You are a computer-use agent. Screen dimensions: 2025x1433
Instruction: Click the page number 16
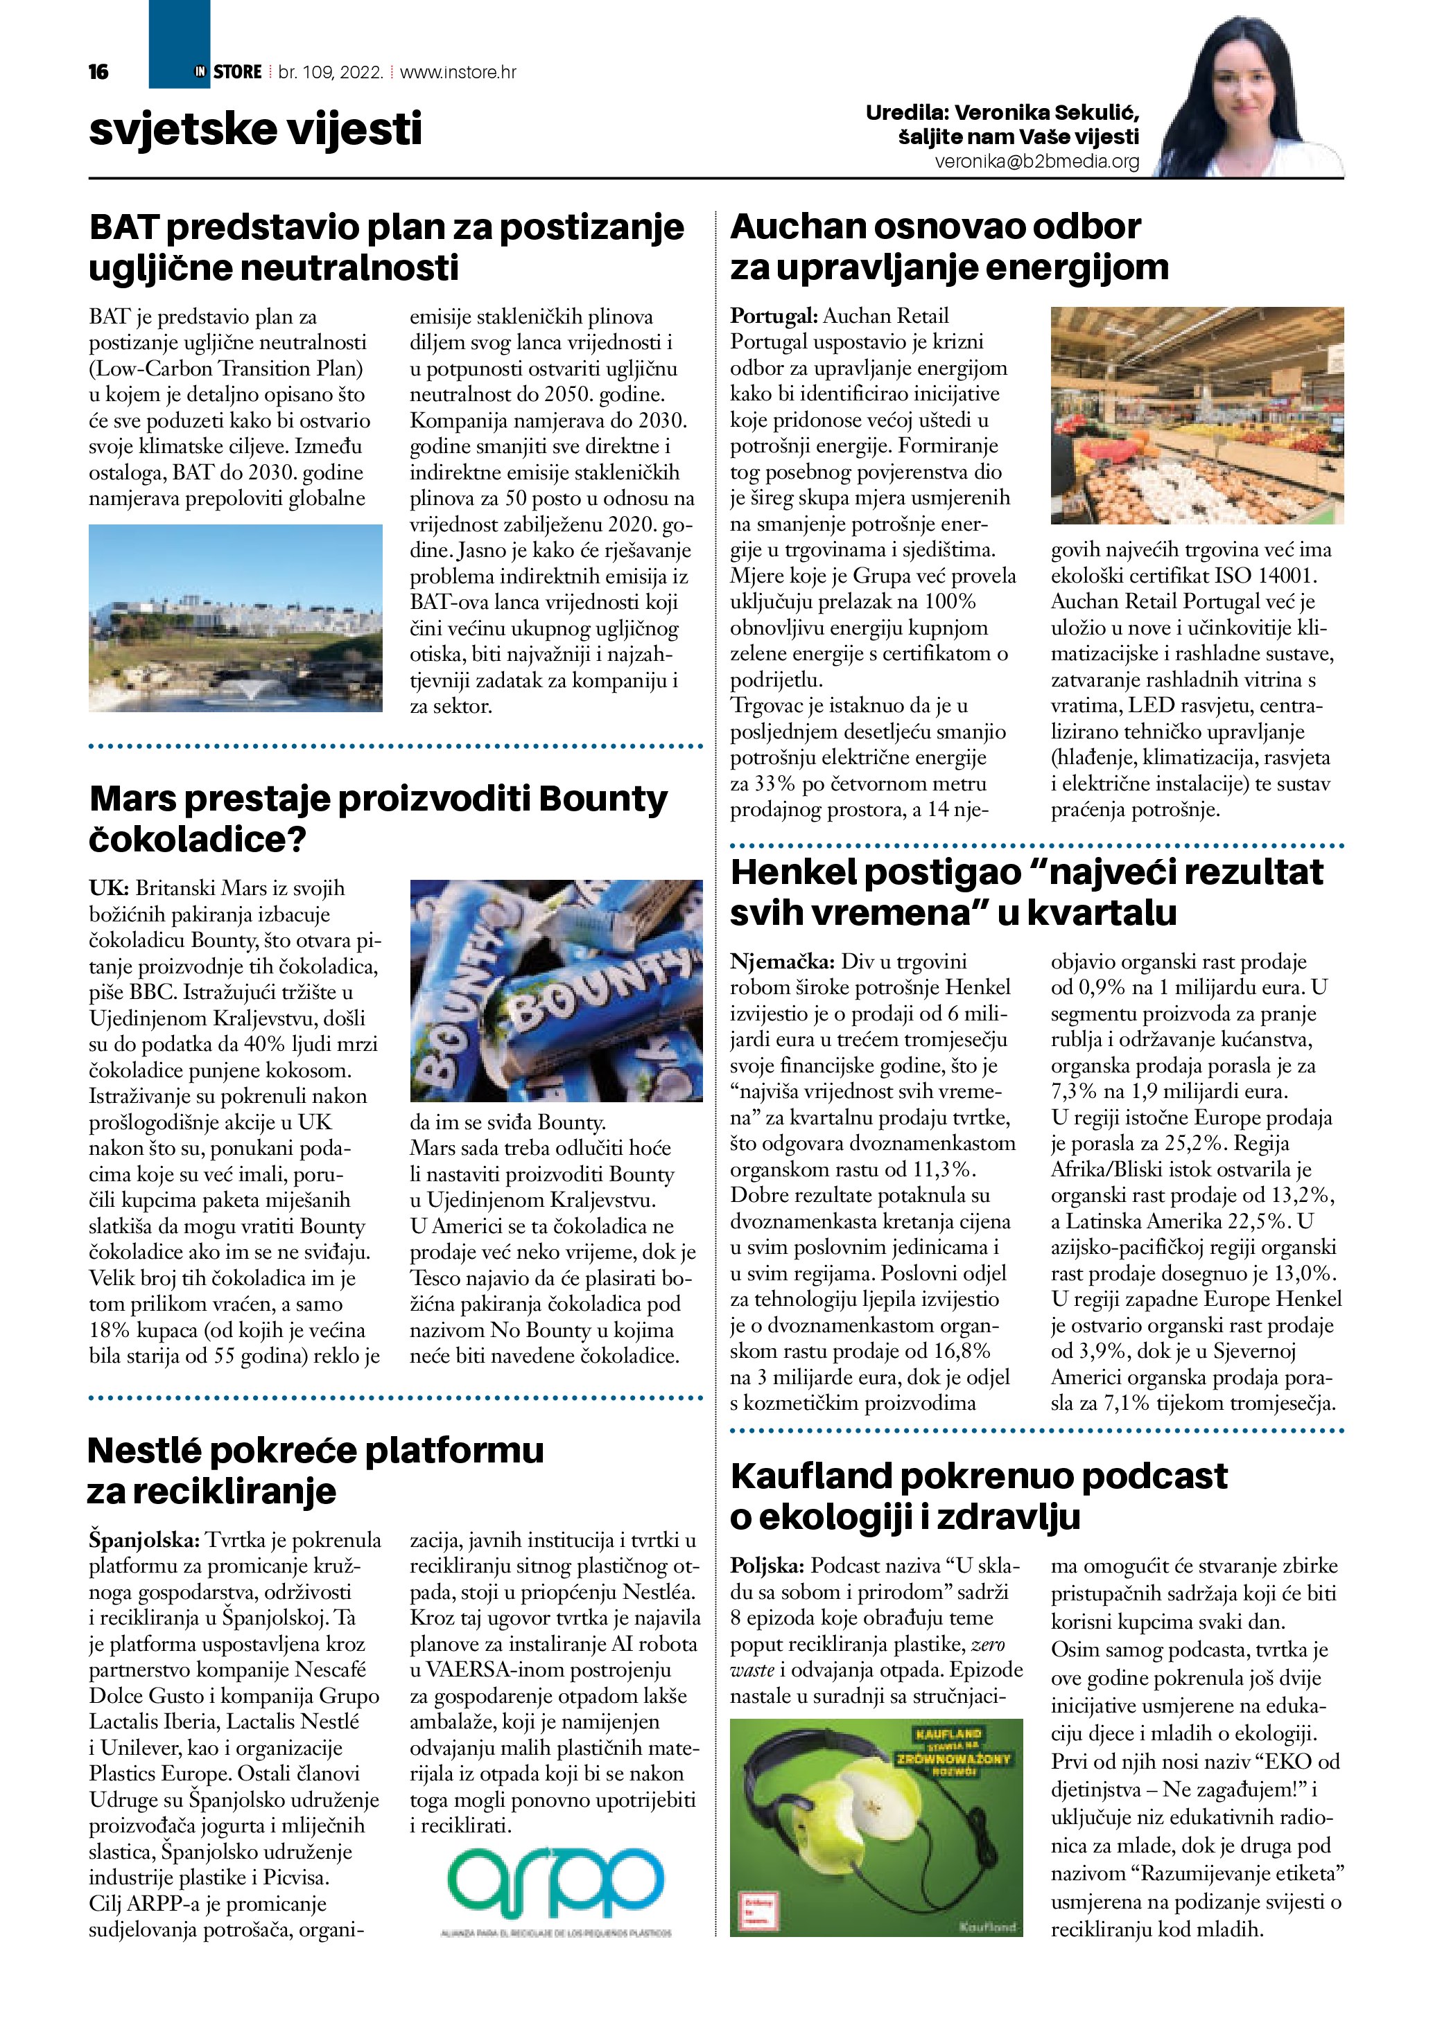99,72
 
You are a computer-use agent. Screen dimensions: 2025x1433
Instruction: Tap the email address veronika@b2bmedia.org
1037,161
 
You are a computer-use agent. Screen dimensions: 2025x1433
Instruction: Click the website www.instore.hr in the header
458,72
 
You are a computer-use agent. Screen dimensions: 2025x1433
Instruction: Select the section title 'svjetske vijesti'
255,129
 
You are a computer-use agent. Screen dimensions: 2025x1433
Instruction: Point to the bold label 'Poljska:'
767,1566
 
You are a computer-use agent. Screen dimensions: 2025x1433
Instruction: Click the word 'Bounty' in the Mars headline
602,799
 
